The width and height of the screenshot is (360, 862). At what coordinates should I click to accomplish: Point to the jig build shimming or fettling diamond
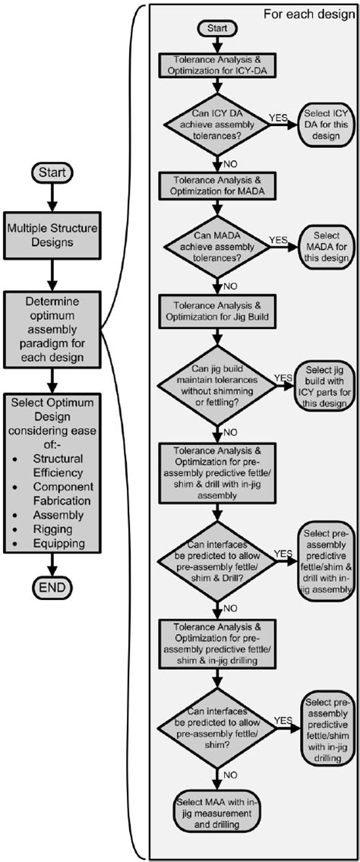pyautogui.click(x=218, y=385)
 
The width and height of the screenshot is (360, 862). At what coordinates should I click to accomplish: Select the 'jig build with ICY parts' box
pyautogui.click(x=327, y=385)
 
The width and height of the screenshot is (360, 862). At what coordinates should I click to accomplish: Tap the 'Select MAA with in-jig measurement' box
pyautogui.click(x=218, y=813)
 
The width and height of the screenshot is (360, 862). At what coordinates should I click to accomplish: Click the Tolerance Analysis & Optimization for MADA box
pyautogui.click(x=218, y=185)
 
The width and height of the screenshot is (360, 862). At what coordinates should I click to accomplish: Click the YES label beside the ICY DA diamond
pyautogui.click(x=279, y=117)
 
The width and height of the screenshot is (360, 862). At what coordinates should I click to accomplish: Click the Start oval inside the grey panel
pyautogui.click(x=217, y=28)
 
